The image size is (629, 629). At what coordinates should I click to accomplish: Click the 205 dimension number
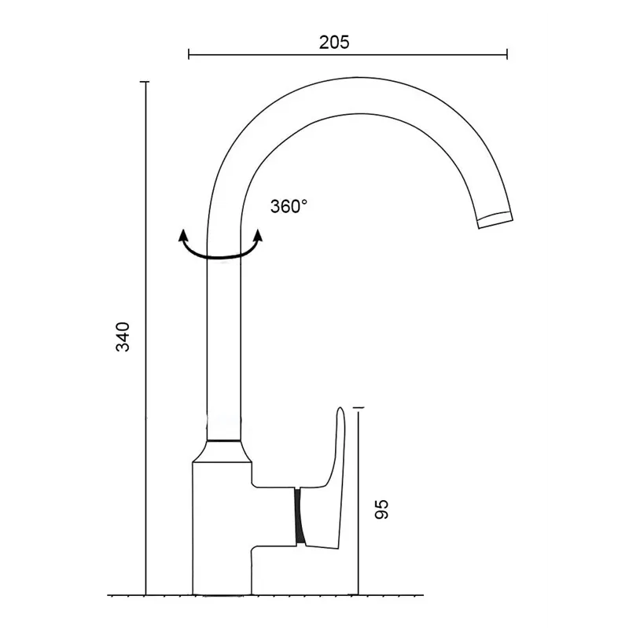[x=334, y=42]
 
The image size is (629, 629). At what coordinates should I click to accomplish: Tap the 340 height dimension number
[x=123, y=337]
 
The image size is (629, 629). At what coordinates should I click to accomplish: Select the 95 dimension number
[x=381, y=509]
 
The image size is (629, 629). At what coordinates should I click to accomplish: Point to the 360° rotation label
[x=289, y=206]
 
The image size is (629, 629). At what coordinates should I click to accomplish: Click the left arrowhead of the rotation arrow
[x=183, y=235]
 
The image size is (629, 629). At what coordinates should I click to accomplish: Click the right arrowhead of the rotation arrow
[x=259, y=235]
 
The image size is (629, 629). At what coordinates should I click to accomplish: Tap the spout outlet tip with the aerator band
[x=495, y=219]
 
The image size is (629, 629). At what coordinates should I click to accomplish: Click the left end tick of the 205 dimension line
[x=189, y=53]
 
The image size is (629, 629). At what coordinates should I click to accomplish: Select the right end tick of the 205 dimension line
[x=507, y=53]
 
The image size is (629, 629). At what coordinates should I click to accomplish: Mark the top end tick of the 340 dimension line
[x=145, y=82]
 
